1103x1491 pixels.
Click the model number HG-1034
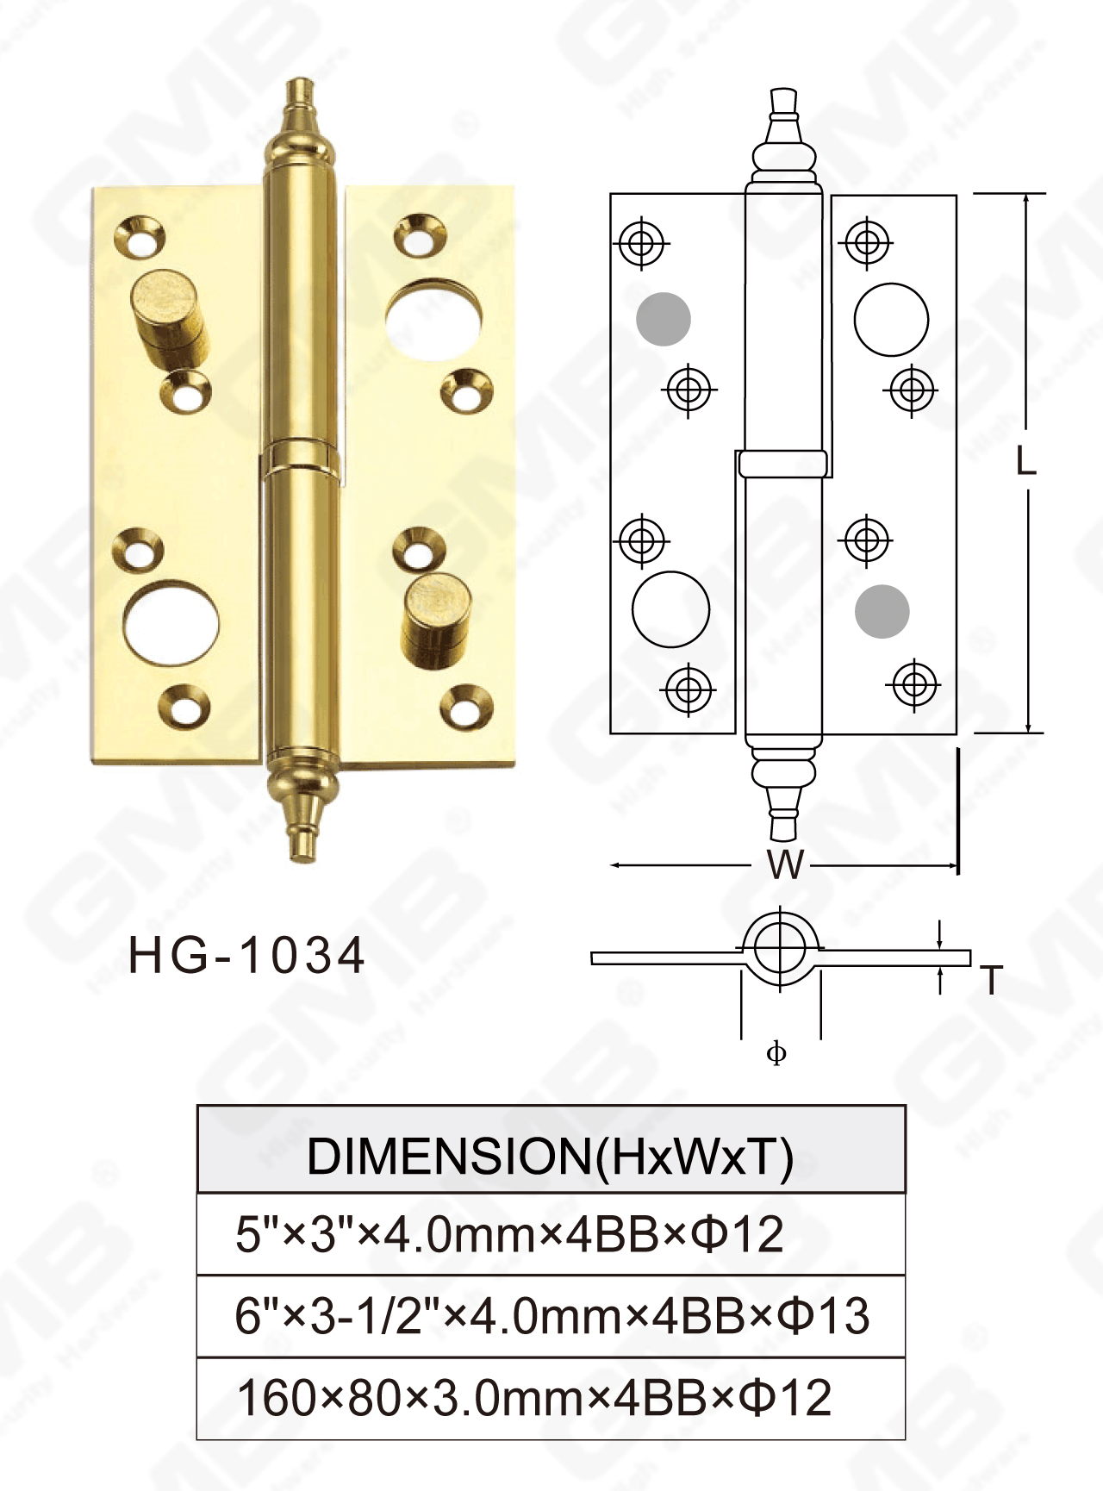coord(246,956)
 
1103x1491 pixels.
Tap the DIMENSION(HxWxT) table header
coord(551,1155)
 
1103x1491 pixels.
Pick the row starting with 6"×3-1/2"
coord(551,1316)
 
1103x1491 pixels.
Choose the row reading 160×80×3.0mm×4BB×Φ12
coord(534,1398)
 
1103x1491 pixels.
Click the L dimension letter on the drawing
coord(1025,462)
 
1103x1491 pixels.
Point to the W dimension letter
coord(785,864)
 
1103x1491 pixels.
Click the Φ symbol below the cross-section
coord(776,1053)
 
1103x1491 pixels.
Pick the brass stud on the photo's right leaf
coord(438,618)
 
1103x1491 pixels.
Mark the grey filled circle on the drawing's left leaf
coord(664,319)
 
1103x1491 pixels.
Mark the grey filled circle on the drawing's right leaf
coord(882,612)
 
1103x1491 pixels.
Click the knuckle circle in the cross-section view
coord(780,947)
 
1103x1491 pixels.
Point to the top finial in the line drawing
coord(783,129)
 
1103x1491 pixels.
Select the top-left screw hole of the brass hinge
coord(140,236)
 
